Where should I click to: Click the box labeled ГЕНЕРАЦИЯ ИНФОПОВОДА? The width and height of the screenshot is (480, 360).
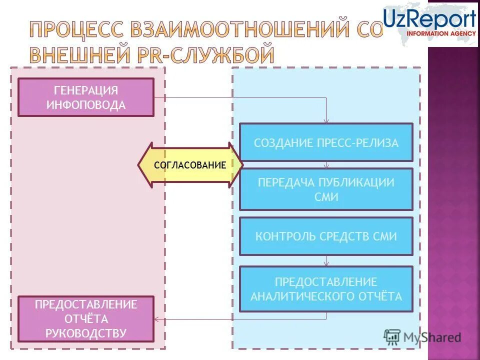(85, 97)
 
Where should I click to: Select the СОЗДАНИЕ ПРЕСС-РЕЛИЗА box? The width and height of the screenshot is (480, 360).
(326, 142)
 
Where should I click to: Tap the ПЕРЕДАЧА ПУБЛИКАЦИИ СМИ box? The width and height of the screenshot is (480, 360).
(326, 189)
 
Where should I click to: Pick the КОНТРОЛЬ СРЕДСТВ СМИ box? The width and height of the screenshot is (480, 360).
(326, 236)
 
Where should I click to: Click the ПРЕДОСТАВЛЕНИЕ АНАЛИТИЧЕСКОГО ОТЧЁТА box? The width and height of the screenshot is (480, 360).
(326, 289)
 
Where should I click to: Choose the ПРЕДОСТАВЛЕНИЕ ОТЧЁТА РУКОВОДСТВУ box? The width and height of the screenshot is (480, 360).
(85, 319)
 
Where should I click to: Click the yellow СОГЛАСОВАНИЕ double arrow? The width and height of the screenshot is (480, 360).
(190, 165)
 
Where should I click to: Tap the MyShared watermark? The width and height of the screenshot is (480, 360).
(423, 337)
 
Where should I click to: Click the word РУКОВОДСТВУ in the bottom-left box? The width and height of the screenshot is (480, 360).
(85, 333)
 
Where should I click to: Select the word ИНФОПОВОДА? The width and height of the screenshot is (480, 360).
(85, 105)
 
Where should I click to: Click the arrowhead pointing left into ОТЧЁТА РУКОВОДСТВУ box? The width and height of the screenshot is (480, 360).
(157, 319)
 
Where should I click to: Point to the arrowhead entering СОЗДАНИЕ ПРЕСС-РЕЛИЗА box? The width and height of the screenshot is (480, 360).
(326, 120)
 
